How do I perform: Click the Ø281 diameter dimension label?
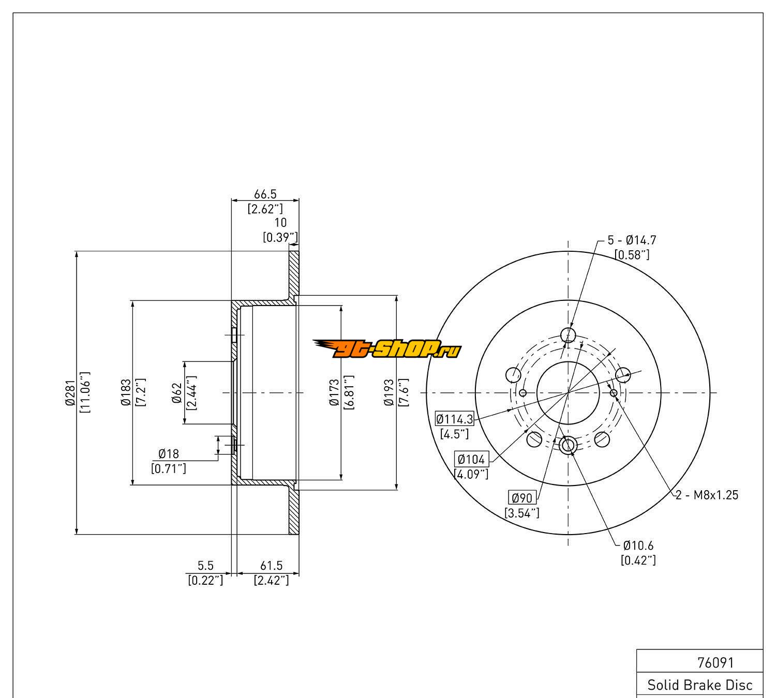[x=70, y=392]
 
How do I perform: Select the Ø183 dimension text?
[x=126, y=392]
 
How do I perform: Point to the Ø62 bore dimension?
[x=177, y=393]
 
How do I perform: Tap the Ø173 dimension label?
[x=334, y=392]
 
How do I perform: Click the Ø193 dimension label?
[x=389, y=392]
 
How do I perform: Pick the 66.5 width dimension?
[x=265, y=194]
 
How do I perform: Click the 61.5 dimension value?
[x=271, y=567]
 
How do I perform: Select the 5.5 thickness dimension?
[x=205, y=567]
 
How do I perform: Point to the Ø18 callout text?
[x=169, y=454]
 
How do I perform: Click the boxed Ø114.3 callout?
[x=454, y=419]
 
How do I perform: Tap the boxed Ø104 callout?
[x=471, y=459]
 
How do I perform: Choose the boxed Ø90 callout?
[x=522, y=498]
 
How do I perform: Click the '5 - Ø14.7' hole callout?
[x=632, y=240]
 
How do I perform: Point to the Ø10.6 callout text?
[x=638, y=545]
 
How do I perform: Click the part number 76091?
[x=715, y=662]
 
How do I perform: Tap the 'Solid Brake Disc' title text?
[x=700, y=685]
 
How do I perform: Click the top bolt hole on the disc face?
[x=568, y=335]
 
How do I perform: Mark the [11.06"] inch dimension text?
[x=85, y=392]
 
